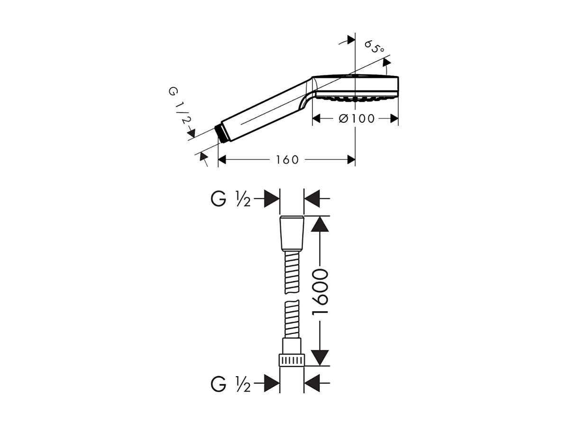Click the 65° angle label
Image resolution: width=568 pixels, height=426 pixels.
pyautogui.click(x=374, y=47)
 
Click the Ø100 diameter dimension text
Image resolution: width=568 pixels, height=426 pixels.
pyautogui.click(x=357, y=119)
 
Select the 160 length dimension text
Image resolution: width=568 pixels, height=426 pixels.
pyautogui.click(x=287, y=160)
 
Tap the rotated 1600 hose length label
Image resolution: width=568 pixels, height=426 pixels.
pyautogui.click(x=321, y=291)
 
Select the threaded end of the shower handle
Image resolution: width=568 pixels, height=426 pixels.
pyautogui.click(x=220, y=132)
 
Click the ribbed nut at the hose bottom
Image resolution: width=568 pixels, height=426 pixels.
pyautogui.click(x=291, y=360)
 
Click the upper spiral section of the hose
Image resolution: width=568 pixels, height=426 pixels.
pyautogui.click(x=291, y=273)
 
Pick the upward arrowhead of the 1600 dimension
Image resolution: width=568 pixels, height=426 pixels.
pyautogui.click(x=321, y=224)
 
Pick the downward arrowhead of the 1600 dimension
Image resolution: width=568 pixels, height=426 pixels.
pyautogui.click(x=321, y=357)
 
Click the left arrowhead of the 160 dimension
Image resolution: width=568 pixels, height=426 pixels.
pyautogui.click(x=222, y=160)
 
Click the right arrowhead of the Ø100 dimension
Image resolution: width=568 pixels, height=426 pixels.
pyautogui.click(x=394, y=119)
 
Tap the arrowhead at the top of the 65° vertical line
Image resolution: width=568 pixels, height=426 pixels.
pyautogui.click(x=350, y=39)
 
